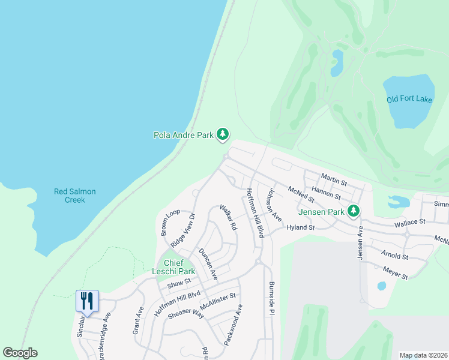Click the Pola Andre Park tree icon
223,134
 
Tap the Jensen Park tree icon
354,211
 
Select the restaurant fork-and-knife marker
87,300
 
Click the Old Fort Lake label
409,100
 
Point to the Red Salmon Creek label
75,196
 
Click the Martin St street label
334,178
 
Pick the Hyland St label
301,228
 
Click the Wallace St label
409,222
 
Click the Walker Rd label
229,219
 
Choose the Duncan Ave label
208,263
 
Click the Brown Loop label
170,222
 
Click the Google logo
20,353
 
